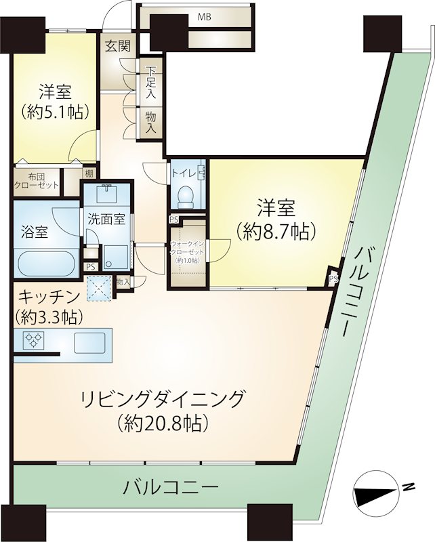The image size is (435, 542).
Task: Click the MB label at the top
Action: coord(205,17)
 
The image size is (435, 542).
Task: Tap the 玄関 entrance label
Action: coord(118,46)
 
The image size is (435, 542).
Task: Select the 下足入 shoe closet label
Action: coord(150,83)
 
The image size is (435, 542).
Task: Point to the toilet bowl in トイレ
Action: coord(187,197)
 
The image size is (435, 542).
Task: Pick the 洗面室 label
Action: coord(106,220)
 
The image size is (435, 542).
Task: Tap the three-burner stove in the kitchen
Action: coord(34,340)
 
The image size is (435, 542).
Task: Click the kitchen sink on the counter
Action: coord(89,343)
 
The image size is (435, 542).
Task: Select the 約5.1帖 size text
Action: coord(55,112)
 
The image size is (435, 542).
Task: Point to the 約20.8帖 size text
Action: coord(163,422)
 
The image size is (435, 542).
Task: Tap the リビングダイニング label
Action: coord(162,399)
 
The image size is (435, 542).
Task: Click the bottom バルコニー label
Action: coord(171,488)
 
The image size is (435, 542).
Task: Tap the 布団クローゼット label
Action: coord(37,181)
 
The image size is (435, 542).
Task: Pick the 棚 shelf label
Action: coord(89,173)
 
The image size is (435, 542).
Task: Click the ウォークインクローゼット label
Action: coord(187,248)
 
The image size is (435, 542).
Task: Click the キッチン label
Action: coord(49,297)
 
